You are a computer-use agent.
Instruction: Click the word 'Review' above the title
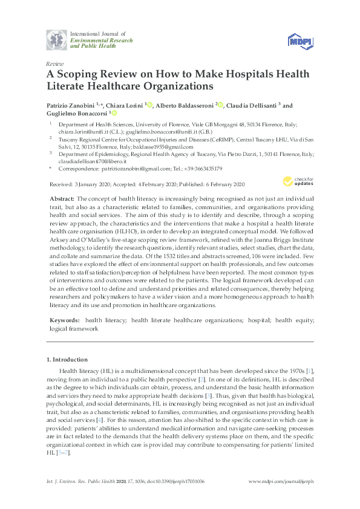(x=54, y=63)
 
